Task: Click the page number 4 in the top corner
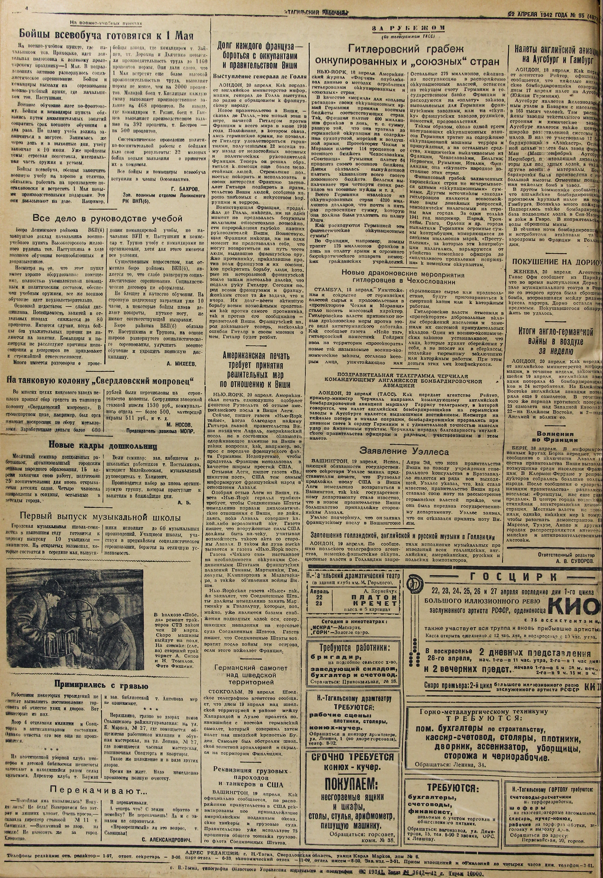click(x=27, y=8)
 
